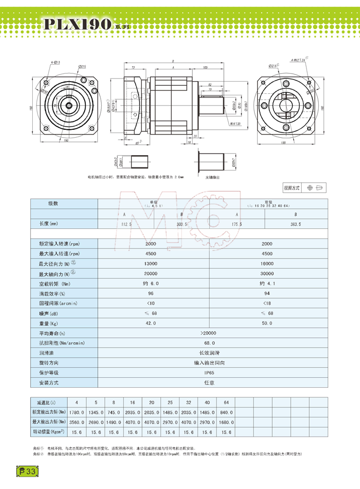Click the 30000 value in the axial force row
(267, 273)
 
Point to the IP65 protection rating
(208, 373)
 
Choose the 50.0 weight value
(267, 323)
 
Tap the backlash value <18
(267, 303)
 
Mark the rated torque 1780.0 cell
(77, 412)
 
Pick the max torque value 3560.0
(77, 422)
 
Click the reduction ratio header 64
(227, 402)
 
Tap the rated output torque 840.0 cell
(227, 412)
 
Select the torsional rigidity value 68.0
(208, 343)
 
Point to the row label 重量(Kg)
(48, 323)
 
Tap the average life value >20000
(208, 333)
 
